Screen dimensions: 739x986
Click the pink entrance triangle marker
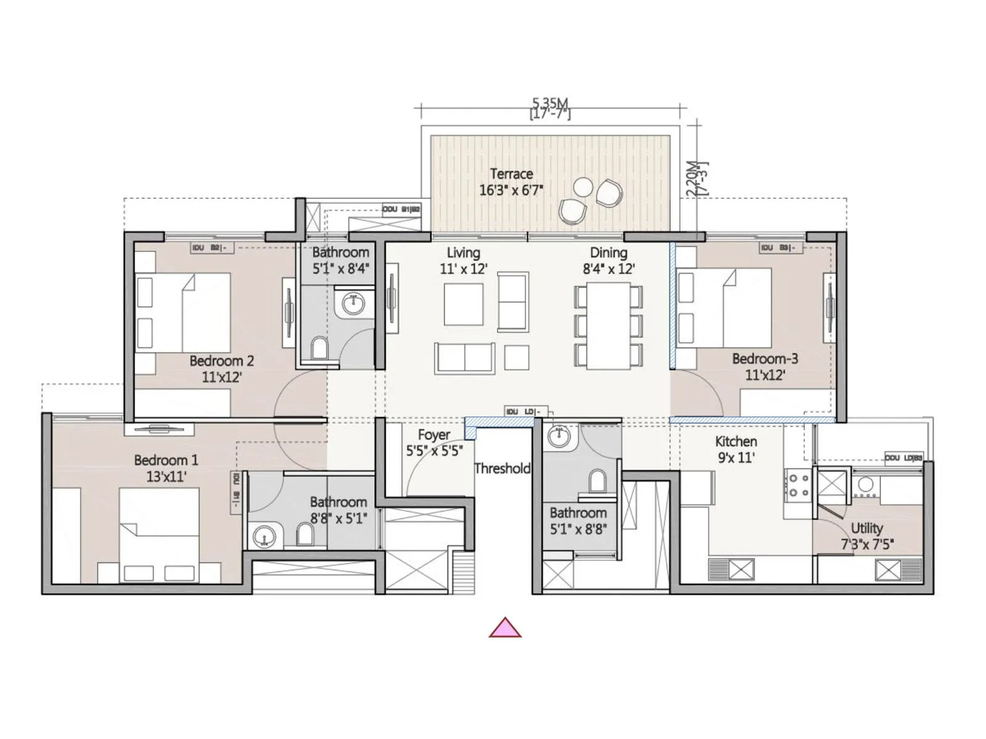[505, 629]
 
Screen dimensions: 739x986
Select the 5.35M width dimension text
[550, 103]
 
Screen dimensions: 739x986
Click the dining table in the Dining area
[608, 326]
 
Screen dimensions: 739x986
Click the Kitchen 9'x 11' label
[736, 449]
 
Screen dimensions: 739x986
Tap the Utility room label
[866, 536]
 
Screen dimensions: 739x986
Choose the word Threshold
[502, 469]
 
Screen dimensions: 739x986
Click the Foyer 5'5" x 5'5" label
[434, 443]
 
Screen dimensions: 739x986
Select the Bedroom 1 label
[166, 468]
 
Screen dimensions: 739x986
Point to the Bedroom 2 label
[221, 369]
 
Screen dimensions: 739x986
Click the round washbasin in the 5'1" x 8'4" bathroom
[353, 302]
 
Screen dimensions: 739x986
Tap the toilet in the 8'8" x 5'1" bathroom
[305, 535]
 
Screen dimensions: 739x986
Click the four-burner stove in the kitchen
[799, 485]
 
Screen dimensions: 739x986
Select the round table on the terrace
[582, 187]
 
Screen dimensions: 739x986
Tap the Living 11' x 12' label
[463, 260]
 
